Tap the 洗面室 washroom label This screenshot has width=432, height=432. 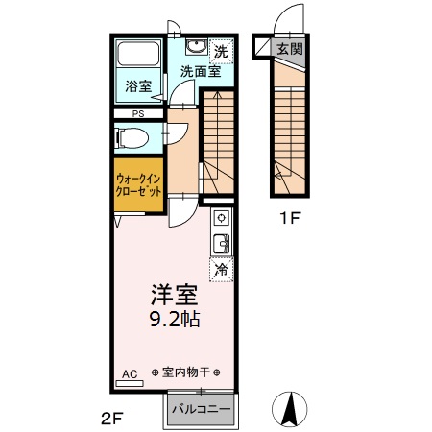[200, 71]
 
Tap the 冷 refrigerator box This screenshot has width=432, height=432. [221, 271]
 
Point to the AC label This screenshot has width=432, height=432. [130, 372]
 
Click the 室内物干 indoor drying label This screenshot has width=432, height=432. [186, 372]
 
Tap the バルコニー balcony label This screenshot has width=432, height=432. [200, 409]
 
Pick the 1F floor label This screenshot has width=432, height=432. [291, 218]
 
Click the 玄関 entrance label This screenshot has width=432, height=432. [288, 49]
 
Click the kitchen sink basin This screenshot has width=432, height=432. [220, 244]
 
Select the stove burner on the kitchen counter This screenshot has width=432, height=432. [219, 217]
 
